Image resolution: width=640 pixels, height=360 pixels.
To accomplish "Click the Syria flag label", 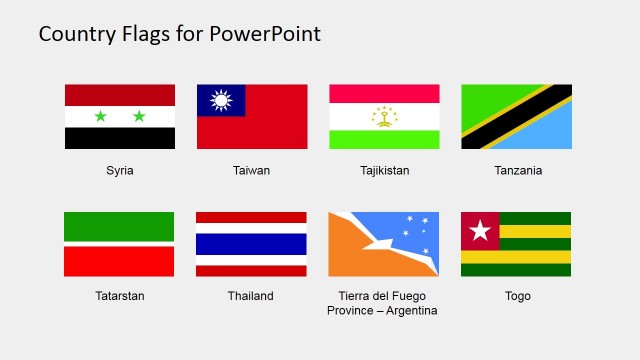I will click(x=120, y=170).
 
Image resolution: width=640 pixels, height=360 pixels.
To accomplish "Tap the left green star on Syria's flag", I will click(x=100, y=117).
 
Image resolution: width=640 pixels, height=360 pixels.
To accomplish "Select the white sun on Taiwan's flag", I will click(x=221, y=100).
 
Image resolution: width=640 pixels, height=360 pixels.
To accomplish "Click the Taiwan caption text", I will click(x=252, y=170).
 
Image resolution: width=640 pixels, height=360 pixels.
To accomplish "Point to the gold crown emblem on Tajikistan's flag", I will click(x=385, y=116).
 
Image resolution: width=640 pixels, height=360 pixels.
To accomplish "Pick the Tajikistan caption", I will click(x=385, y=170).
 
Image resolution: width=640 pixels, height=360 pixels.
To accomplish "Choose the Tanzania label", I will click(x=518, y=170).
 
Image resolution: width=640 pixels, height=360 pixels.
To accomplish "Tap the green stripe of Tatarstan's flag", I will click(x=120, y=226).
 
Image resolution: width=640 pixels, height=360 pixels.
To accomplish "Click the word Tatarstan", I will click(x=120, y=296).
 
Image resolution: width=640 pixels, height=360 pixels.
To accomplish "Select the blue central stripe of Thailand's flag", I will click(x=252, y=244).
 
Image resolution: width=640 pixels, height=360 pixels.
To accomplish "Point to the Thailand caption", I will click(x=252, y=296).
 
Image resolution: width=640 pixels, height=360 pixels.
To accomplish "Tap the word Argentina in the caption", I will click(x=412, y=311).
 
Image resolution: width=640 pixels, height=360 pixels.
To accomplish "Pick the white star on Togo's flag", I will click(x=479, y=231).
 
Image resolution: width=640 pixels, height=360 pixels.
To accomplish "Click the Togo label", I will click(x=518, y=296).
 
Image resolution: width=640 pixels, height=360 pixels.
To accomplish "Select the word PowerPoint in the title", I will click(x=266, y=34).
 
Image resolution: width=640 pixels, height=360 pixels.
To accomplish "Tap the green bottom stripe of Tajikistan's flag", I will click(x=385, y=140).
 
